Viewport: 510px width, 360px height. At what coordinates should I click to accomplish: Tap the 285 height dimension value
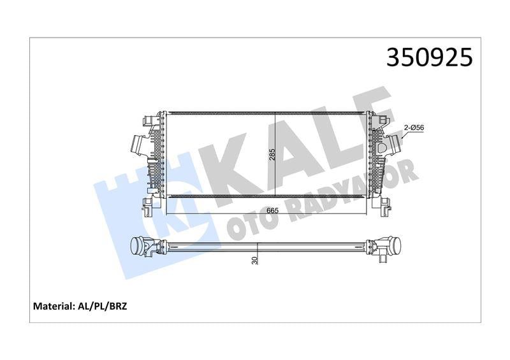click(x=272, y=155)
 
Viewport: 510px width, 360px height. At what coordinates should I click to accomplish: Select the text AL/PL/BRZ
click(x=102, y=306)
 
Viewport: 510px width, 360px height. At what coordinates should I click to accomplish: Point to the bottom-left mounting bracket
click(x=148, y=205)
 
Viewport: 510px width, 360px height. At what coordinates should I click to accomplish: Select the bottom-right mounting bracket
click(x=386, y=205)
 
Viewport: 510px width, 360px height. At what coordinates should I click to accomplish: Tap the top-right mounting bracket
click(x=382, y=119)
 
